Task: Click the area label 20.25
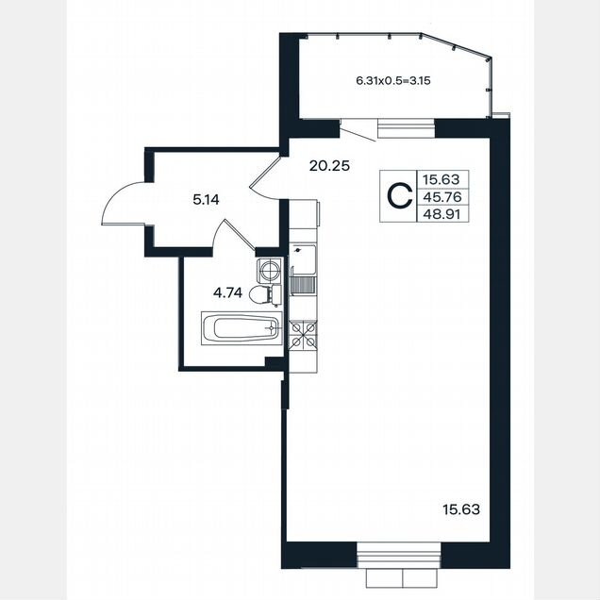point(329,166)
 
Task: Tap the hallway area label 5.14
point(206,200)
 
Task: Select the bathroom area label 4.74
point(227,293)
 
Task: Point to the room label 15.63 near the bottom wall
point(461,509)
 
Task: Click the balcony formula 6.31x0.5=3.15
point(393,81)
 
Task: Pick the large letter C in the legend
point(400,196)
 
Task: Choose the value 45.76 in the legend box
point(442,197)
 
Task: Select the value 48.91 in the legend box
point(442,214)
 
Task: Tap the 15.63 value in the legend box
point(441,179)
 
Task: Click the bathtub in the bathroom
point(242,328)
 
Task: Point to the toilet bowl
point(265,295)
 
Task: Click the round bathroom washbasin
point(270,270)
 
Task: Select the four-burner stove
point(304,335)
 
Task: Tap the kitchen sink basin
point(304,259)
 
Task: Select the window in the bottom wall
point(399,555)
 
